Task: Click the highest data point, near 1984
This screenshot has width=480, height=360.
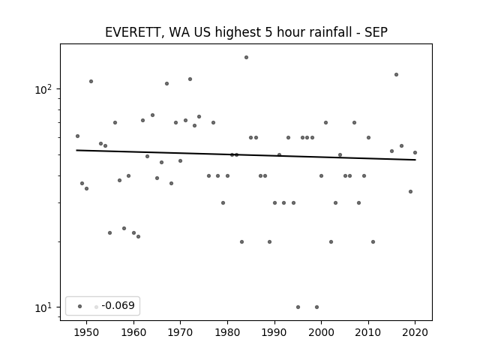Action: [x=247, y=58]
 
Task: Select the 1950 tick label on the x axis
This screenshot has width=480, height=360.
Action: [x=87, y=332]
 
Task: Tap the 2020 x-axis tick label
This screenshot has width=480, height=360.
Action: [x=415, y=332]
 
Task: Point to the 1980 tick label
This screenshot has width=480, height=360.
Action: [x=227, y=332]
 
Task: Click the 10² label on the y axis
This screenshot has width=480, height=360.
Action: [x=43, y=90]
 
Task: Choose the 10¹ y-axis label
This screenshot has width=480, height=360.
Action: [x=43, y=307]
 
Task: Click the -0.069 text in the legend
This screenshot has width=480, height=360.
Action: [x=118, y=305]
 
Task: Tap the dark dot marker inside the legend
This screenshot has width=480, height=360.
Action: [x=80, y=307]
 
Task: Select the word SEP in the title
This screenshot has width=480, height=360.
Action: [x=376, y=32]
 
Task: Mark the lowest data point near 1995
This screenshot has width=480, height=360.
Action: [x=298, y=307]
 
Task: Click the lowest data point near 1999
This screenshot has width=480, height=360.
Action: [x=316, y=307]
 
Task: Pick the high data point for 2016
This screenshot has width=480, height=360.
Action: [x=397, y=75]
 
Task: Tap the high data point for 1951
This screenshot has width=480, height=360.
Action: [x=91, y=82]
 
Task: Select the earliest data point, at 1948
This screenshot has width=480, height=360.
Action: [x=77, y=136]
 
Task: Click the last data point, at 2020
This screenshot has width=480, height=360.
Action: [x=415, y=153]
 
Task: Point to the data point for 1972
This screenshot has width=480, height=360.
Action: [x=190, y=79]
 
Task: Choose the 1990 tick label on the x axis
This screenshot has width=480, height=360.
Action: [x=274, y=332]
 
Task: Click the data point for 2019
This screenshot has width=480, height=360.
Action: [x=410, y=192]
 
